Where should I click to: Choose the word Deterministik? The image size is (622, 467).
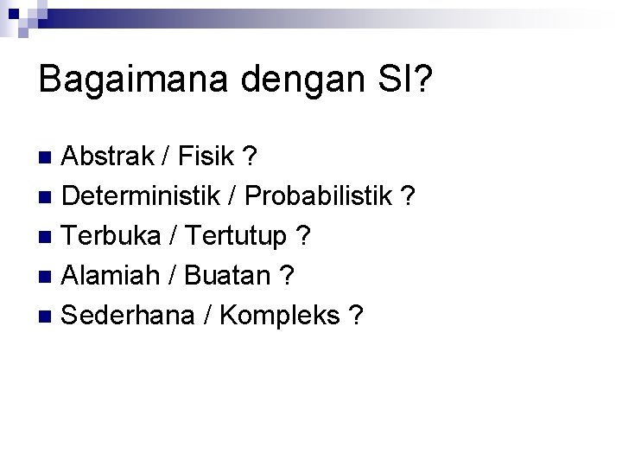point(142,196)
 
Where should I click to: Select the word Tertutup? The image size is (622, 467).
point(233,237)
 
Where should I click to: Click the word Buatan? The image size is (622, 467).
point(227,276)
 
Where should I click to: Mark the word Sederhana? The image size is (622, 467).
point(128,316)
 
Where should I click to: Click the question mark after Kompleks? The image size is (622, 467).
point(355,316)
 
